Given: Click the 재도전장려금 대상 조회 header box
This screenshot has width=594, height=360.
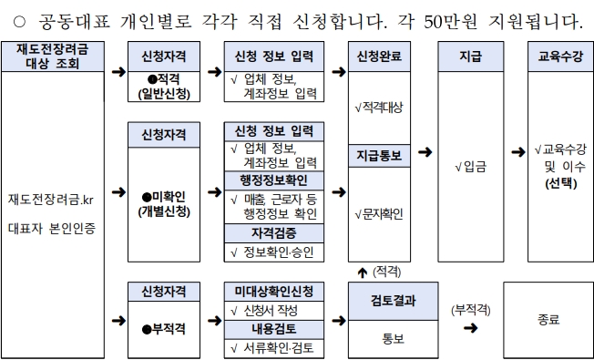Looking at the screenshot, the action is [x=53, y=57].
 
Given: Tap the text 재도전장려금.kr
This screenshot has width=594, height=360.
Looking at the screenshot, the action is [x=51, y=200].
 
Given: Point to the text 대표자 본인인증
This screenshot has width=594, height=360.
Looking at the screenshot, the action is [x=52, y=229].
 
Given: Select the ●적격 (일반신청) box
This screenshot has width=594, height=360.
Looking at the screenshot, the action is [x=164, y=87].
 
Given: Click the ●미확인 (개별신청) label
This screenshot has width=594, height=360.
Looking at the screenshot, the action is [x=164, y=204].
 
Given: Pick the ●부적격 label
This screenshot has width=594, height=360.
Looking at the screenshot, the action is [x=164, y=329].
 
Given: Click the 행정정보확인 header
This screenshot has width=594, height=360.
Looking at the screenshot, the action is [x=274, y=180].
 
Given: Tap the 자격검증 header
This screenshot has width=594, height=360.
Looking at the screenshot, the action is [x=274, y=233].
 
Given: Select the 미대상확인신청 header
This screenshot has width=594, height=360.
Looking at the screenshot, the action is [x=274, y=292].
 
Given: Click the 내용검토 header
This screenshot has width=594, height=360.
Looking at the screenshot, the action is [x=274, y=329].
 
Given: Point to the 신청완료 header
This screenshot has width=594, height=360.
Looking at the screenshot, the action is [x=379, y=57].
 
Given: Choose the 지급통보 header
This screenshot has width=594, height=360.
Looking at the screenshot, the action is [x=379, y=156].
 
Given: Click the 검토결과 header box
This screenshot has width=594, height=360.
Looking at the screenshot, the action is [x=394, y=302].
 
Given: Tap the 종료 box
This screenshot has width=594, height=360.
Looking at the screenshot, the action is [x=548, y=320].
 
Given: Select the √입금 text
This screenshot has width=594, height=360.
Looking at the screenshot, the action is [x=471, y=167].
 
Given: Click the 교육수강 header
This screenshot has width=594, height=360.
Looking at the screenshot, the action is [x=560, y=57].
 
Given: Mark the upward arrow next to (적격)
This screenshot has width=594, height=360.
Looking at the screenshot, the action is [x=363, y=273].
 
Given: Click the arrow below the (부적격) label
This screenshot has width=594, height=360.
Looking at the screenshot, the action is [x=470, y=328].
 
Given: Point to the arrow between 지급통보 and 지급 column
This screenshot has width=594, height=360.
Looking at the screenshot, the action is [x=425, y=152].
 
